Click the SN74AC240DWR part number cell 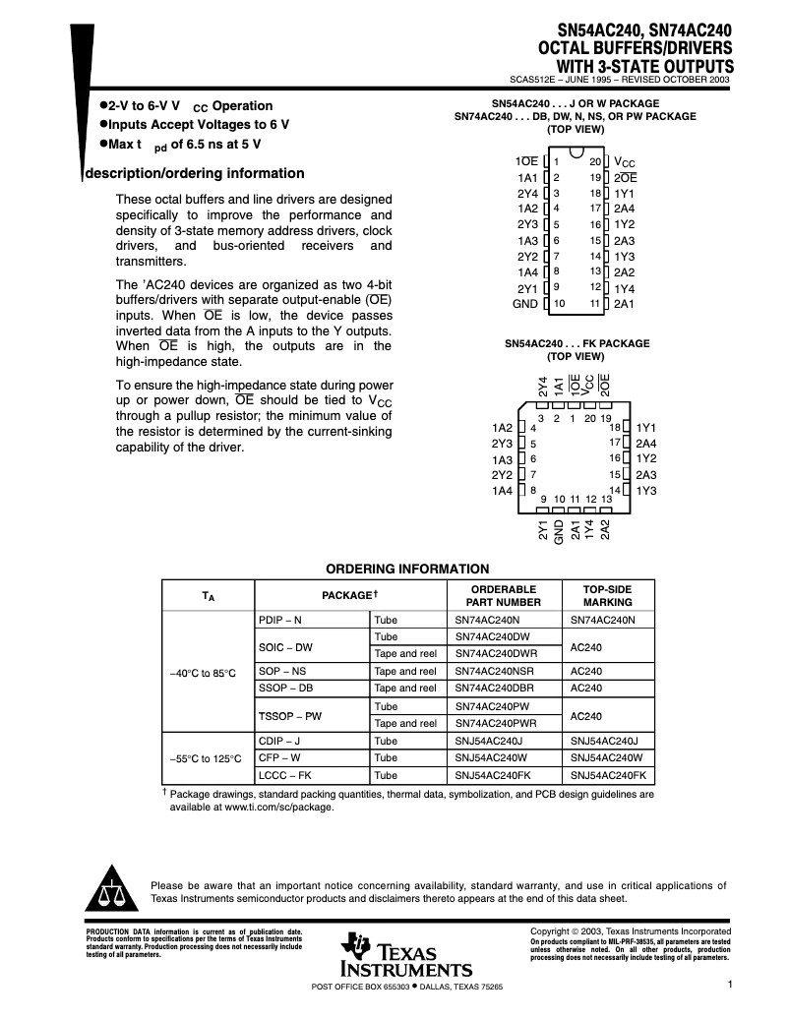(497, 653)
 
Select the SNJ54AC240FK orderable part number (492, 775)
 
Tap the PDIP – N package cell (280, 620)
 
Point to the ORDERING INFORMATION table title (407, 569)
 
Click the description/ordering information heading (196, 173)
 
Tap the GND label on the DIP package (525, 304)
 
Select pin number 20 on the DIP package (595, 160)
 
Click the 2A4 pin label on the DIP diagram (624, 209)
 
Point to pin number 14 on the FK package (615, 490)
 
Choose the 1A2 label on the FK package (502, 428)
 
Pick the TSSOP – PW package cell (290, 715)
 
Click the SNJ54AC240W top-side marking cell (606, 758)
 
